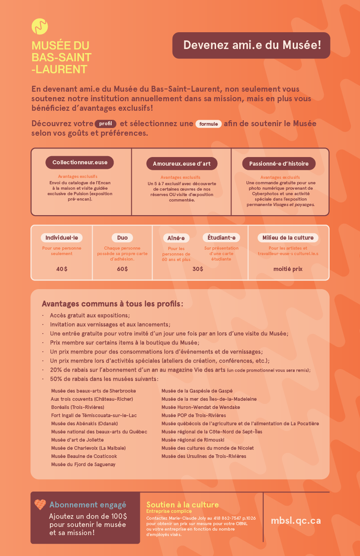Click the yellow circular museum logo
coord(40,26)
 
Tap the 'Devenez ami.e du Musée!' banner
coord(251,45)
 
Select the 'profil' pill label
coord(105,124)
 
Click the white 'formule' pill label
coord(208,124)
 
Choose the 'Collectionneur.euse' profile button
coord(79,162)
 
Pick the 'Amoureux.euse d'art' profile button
coord(182,164)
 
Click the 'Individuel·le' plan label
coord(62,238)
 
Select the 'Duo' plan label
coord(122,238)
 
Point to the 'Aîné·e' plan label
coord(176,238)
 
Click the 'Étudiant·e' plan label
coord(221,238)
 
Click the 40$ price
coord(62,269)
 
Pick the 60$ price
coord(122,269)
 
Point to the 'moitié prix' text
coord(288,269)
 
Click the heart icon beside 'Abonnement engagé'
coord(40,505)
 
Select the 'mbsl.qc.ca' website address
coord(296,521)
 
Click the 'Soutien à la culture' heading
coord(182,505)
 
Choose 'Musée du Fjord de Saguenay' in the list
coord(83,464)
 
